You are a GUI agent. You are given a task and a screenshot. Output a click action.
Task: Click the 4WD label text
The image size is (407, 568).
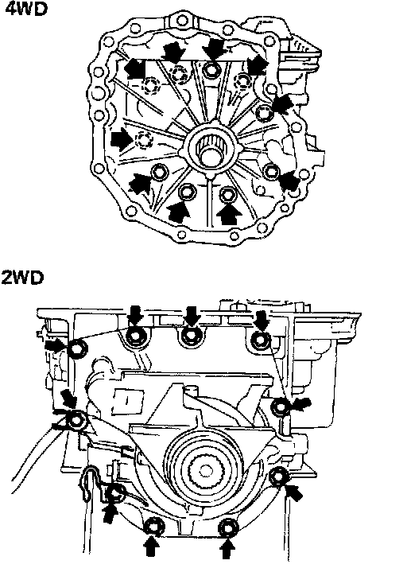click(x=26, y=8)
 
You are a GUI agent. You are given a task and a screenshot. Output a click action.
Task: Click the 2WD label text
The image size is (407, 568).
click(x=22, y=278)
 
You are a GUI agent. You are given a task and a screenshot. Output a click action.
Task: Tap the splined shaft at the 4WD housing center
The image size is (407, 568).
click(x=211, y=150)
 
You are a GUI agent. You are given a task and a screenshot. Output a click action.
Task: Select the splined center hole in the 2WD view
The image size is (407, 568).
click(x=205, y=471)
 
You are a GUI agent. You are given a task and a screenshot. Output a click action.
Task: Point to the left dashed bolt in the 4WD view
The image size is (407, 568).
click(x=144, y=140)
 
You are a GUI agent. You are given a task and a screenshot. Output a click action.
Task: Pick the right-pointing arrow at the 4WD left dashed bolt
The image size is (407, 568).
click(x=122, y=139)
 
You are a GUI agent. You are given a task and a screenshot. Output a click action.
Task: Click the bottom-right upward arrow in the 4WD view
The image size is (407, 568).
click(x=229, y=214)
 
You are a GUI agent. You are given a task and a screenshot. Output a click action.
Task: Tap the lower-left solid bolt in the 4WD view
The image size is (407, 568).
click(x=159, y=173)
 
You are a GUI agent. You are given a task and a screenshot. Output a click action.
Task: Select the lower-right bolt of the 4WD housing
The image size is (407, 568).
click(x=270, y=171)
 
